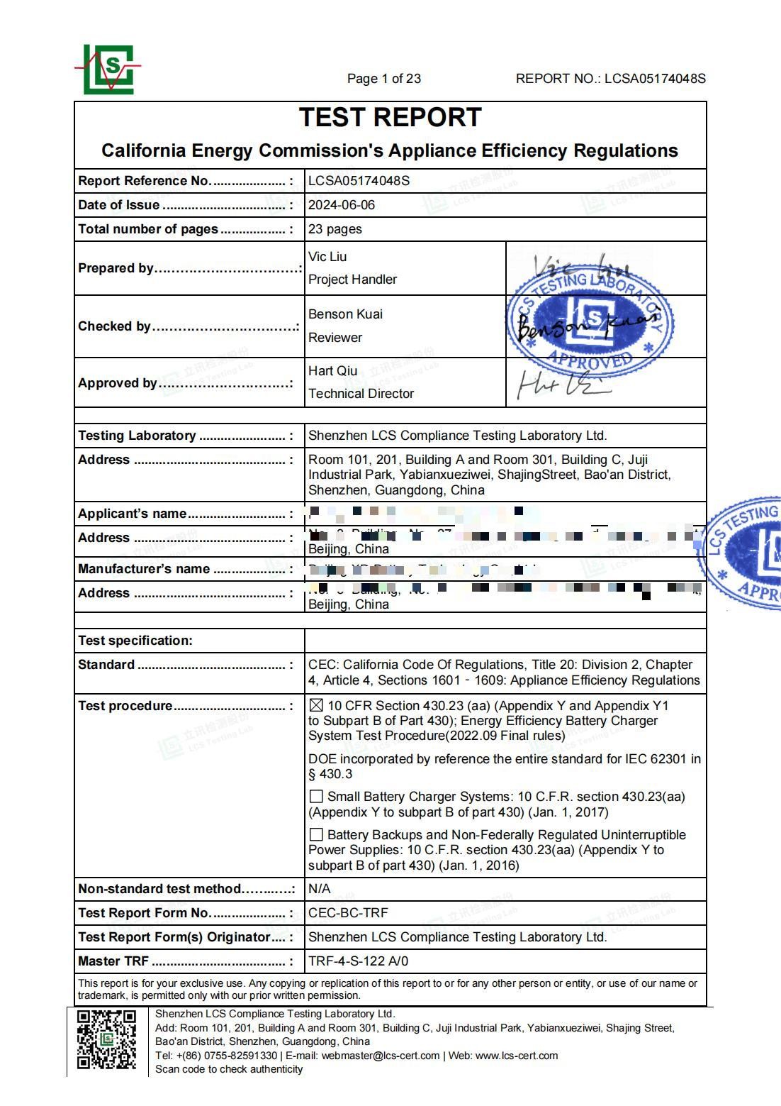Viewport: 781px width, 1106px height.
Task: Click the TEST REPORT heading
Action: [390, 118]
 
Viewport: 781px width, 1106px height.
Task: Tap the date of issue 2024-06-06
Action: [342, 205]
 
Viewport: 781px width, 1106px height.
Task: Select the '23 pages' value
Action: [335, 229]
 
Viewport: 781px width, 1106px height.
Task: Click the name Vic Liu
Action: [327, 257]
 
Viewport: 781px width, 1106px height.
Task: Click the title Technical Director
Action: [361, 394]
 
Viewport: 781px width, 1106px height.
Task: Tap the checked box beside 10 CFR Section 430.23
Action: [316, 706]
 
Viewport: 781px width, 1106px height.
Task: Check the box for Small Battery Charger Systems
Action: [316, 797]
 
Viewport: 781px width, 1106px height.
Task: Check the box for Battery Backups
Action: [316, 835]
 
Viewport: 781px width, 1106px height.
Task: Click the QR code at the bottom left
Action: [106, 1039]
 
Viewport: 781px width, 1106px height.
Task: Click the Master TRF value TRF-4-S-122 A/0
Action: [358, 961]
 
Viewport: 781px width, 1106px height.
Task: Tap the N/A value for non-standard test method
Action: [319, 889]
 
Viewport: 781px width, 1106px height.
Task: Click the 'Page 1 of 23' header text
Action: [383, 79]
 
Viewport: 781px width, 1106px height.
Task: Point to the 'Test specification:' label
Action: [135, 641]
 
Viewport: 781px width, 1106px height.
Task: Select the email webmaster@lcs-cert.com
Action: [380, 1056]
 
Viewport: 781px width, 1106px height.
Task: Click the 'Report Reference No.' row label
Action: [145, 181]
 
